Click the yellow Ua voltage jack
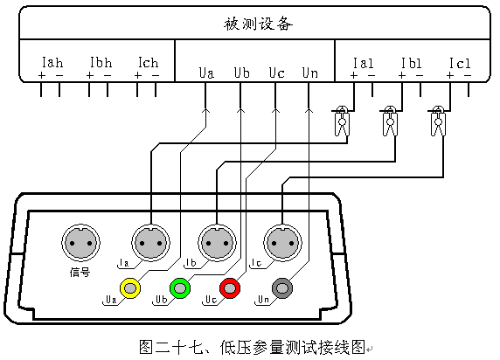[x=130, y=288]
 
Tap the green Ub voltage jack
[x=180, y=288]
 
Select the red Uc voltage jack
[x=230, y=288]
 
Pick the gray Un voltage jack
[x=282, y=288]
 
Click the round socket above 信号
[x=80, y=243]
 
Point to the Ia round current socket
[x=151, y=243]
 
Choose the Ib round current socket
[x=217, y=243]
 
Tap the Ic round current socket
[x=282, y=243]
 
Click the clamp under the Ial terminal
[x=342, y=121]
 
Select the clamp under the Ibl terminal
[x=390, y=121]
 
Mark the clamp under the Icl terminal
[x=438, y=121]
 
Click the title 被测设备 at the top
[x=258, y=24]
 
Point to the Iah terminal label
[x=52, y=63]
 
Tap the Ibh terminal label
[x=101, y=63]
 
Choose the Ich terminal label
[x=149, y=63]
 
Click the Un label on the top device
[x=310, y=73]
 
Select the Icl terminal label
[x=460, y=63]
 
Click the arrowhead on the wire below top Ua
[x=205, y=110]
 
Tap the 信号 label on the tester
[x=80, y=273]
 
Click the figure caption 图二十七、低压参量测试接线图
[x=253, y=347]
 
